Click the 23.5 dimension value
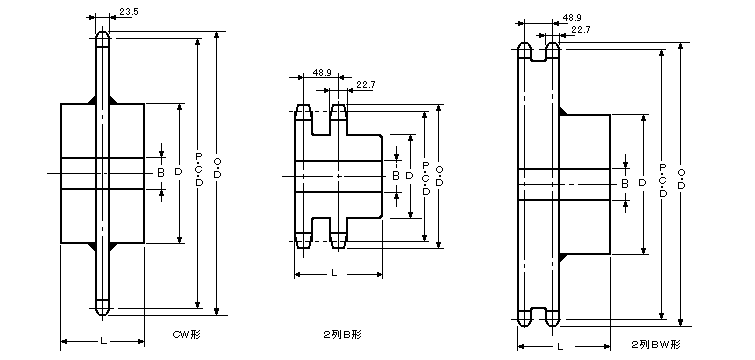pos(129,12)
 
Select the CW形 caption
pos(186,334)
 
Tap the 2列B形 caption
pos(342,334)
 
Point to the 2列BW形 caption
pos(656,345)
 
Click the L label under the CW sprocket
pos(103,341)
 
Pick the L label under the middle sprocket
pos(334,273)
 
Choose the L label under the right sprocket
pos(560,346)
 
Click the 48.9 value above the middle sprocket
pos(322,73)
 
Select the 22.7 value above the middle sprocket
pos(365,85)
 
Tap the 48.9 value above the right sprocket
pos(572,18)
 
